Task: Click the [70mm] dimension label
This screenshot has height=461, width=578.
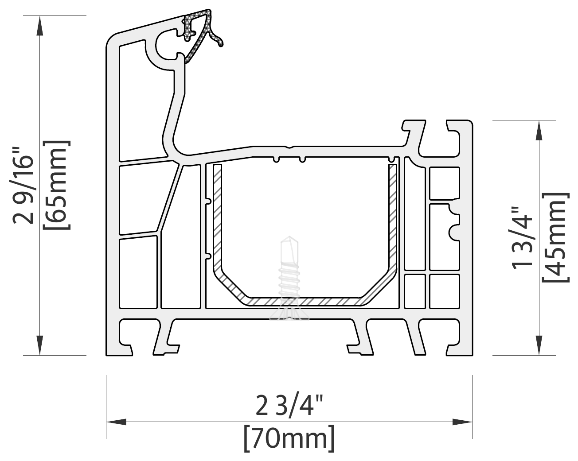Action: click(x=289, y=438)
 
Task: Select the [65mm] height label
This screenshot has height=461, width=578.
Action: click(x=57, y=185)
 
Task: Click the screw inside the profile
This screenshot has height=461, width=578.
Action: click(x=289, y=278)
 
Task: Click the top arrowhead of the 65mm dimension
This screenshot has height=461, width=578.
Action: click(x=40, y=26)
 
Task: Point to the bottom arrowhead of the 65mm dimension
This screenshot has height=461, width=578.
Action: click(x=40, y=345)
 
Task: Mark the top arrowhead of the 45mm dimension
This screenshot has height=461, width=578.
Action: click(x=539, y=130)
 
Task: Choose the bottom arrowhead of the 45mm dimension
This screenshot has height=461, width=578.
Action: click(x=539, y=345)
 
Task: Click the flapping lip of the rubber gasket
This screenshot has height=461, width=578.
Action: click(x=216, y=39)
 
